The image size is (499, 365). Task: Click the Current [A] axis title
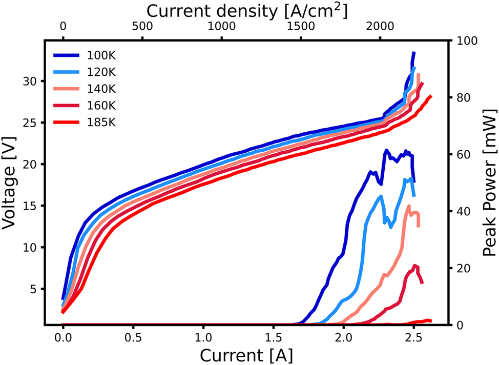point(246,354)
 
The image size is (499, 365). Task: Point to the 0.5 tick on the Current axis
point(133,340)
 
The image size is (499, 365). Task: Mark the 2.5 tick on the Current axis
point(413,340)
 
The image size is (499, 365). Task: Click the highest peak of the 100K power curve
point(387,150)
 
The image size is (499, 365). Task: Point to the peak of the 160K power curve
point(415,266)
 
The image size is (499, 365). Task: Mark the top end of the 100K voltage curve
point(413,52)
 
